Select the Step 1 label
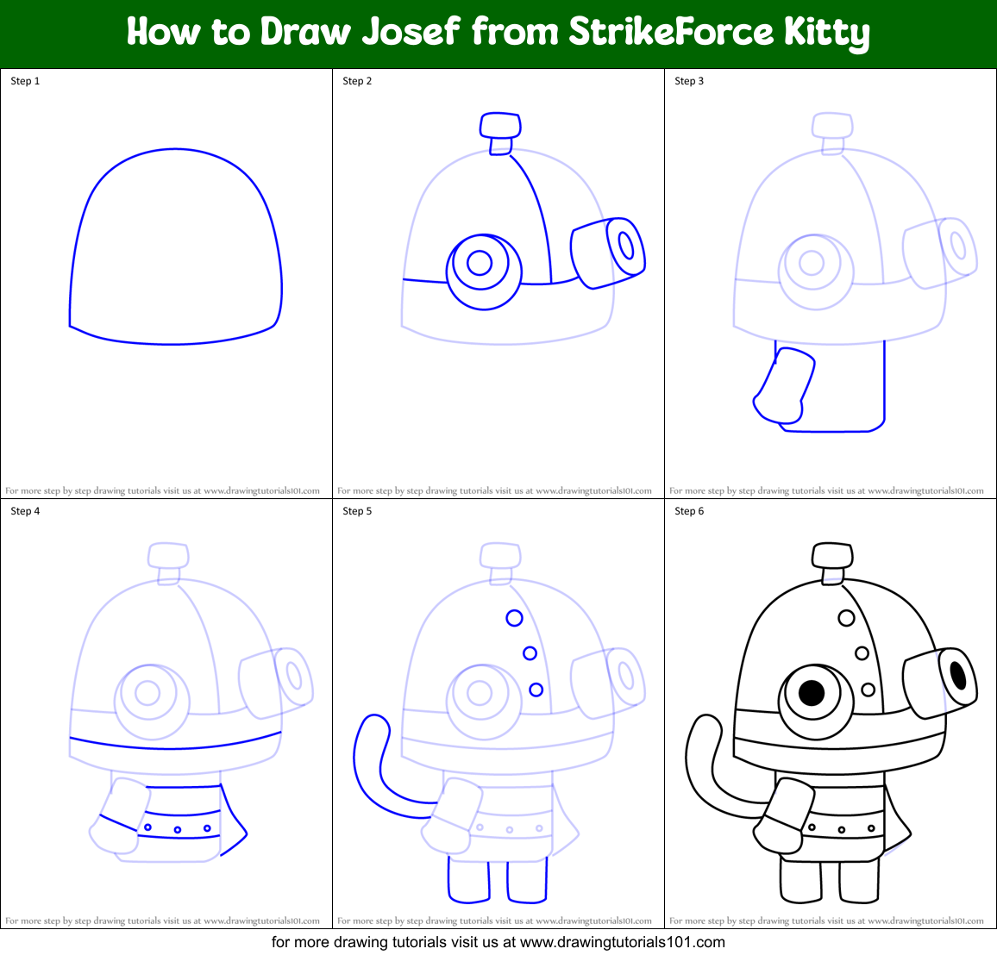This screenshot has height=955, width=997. click(25, 81)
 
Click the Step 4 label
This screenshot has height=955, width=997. click(25, 511)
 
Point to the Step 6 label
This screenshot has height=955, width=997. click(689, 511)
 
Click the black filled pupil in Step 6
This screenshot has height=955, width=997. click(812, 693)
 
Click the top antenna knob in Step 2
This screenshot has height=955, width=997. click(500, 125)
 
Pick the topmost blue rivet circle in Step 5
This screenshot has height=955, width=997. click(514, 618)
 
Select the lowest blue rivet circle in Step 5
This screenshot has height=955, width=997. click(536, 690)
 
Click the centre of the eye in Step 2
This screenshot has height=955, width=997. click(480, 263)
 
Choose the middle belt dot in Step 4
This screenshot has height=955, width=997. click(178, 830)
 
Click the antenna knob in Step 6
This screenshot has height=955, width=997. click(832, 555)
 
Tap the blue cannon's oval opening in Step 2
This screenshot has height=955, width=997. click(626, 246)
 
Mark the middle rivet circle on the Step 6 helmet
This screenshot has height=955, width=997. click(862, 652)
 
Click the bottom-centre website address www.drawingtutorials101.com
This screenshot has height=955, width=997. click(623, 942)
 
